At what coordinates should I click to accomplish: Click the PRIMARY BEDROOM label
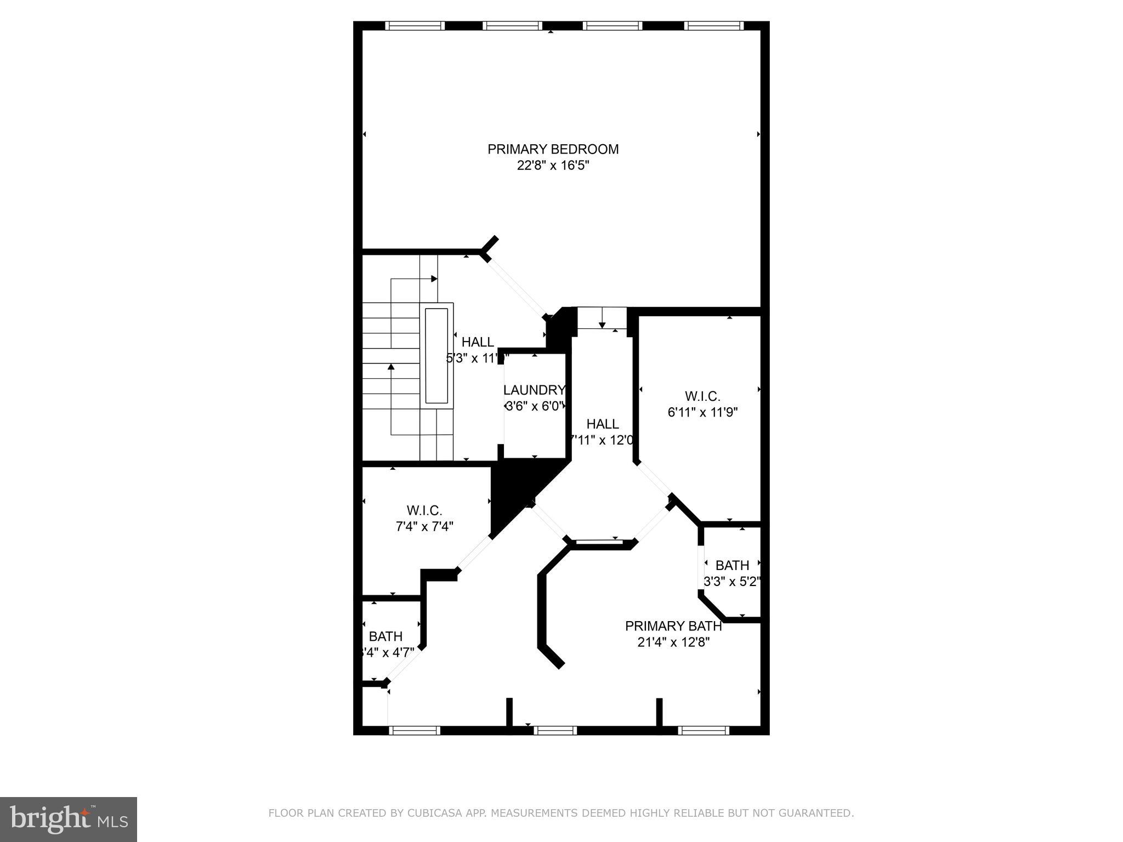point(553,149)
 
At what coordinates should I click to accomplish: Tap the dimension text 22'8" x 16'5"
point(553,166)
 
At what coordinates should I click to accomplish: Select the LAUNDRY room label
point(534,390)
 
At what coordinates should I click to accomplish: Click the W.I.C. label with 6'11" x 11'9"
point(702,396)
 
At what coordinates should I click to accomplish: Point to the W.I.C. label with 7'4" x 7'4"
point(424,510)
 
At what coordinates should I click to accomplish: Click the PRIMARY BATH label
point(673,626)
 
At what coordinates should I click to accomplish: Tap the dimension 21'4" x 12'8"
point(673,642)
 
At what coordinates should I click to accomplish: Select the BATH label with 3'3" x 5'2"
point(732,565)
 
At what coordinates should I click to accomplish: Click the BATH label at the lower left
point(385,636)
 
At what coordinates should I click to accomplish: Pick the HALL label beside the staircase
point(478,342)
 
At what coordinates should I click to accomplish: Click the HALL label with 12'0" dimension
point(603,424)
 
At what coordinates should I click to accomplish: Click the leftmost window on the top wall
point(415,25)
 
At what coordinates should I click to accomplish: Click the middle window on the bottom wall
point(555,730)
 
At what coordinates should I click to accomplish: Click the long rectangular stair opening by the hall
point(436,355)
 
